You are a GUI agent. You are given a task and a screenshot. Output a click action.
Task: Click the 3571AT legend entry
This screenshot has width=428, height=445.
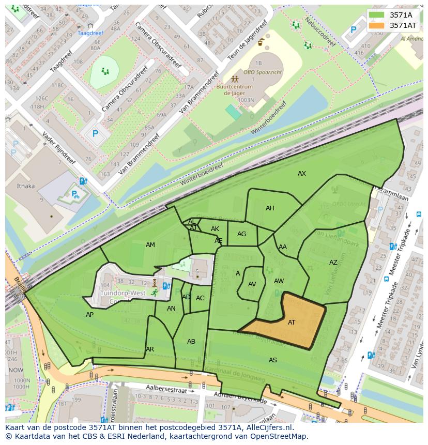pyautogui.click(x=393, y=25)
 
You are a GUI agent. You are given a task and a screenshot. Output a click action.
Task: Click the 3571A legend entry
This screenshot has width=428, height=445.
pyautogui.click(x=393, y=15)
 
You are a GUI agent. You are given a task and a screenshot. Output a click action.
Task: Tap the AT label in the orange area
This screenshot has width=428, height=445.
pyautogui.click(x=292, y=323)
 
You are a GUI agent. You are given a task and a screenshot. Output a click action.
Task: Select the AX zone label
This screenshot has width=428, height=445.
pyautogui.click(x=302, y=174)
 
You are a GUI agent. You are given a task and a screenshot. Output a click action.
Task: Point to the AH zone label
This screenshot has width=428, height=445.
pyautogui.click(x=270, y=208)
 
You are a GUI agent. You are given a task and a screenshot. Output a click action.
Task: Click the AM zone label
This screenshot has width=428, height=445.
pyautogui.click(x=150, y=245)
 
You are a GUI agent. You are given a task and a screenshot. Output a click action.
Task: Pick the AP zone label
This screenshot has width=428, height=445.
pyautogui.click(x=89, y=315)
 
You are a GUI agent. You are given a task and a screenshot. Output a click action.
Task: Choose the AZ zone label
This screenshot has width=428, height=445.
pyautogui.click(x=333, y=263)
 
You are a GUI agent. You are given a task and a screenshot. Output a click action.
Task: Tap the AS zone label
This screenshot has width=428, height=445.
pyautogui.click(x=273, y=360)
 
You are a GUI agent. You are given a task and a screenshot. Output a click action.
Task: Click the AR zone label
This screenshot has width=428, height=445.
pyautogui.click(x=150, y=349)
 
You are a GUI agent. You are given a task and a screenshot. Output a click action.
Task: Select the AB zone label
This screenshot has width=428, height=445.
pyautogui.click(x=191, y=342)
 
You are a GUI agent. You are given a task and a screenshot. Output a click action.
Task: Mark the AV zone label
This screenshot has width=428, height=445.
pyautogui.click(x=252, y=284)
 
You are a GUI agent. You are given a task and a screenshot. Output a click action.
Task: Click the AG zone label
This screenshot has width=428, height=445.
pyautogui.click(x=241, y=234)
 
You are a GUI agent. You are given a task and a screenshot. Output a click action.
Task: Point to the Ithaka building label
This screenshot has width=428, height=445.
pyautogui.click(x=26, y=186)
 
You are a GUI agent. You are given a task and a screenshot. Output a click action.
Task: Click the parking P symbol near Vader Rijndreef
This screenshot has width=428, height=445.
pyautogui.click(x=95, y=133)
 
